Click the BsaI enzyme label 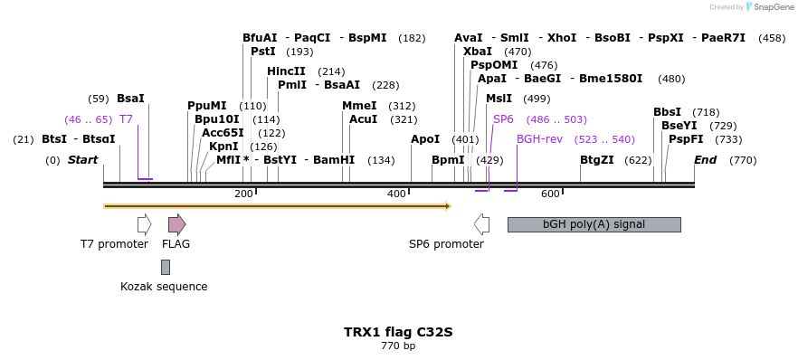(x=130, y=98)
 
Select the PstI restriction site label (x=262, y=52)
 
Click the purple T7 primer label (x=126, y=119)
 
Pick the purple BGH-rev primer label (x=539, y=139)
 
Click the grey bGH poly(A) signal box (x=594, y=224)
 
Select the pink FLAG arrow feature (x=176, y=224)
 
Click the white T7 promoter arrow (x=144, y=224)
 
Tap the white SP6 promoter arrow (x=481, y=224)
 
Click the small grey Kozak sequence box (x=166, y=267)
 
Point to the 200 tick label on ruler (x=243, y=194)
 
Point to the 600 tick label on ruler (x=550, y=194)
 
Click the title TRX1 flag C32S (x=398, y=332)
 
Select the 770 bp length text (x=398, y=346)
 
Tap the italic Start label (x=82, y=160)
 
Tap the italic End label (x=705, y=160)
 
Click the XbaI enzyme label (x=477, y=52)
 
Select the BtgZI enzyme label (x=597, y=160)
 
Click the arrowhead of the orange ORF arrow (x=447, y=206)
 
